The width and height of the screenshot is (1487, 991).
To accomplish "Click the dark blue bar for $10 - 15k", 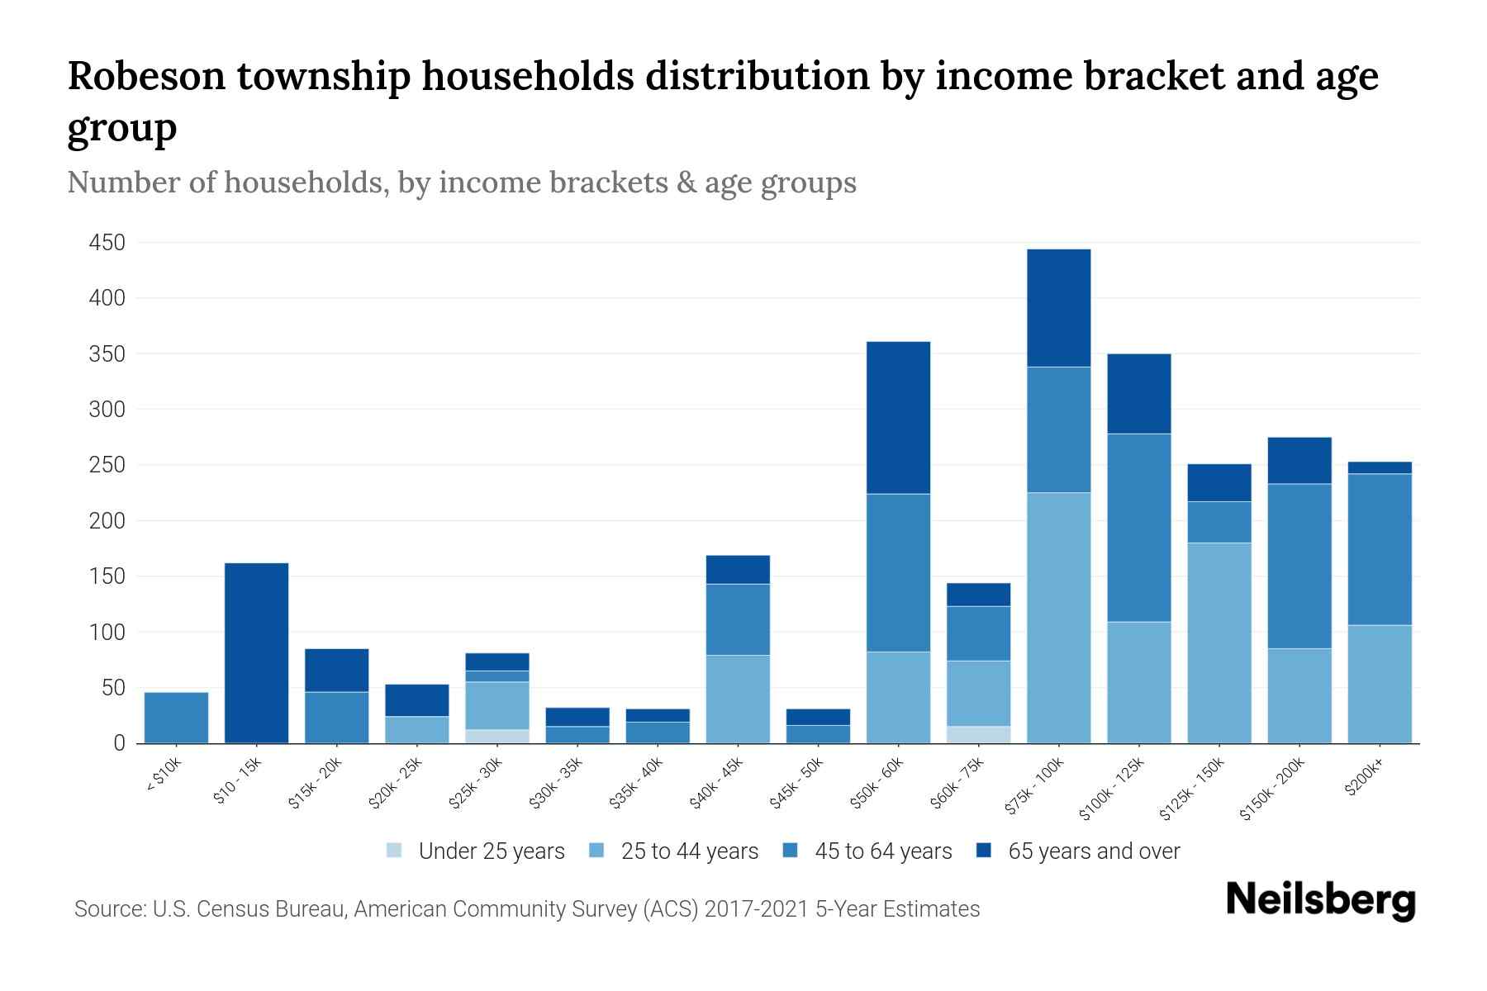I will pyautogui.click(x=257, y=652).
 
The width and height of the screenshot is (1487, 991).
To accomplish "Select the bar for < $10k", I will pyautogui.click(x=176, y=717).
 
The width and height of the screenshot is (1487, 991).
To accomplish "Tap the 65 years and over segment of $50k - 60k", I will pyautogui.click(x=898, y=417).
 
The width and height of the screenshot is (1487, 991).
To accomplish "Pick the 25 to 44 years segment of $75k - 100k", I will pyautogui.click(x=1058, y=618).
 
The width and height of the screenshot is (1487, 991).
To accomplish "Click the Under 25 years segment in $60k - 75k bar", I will pyautogui.click(x=978, y=734).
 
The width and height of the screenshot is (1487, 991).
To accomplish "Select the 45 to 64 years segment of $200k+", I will pyautogui.click(x=1379, y=549).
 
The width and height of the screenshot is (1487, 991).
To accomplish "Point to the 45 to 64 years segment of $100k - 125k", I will pyautogui.click(x=1138, y=528).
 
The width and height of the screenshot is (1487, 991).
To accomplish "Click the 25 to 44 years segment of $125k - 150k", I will pyautogui.click(x=1219, y=642).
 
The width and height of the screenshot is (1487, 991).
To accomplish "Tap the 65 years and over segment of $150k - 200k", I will pyautogui.click(x=1299, y=460).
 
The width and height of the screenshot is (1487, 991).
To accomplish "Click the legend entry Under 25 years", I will pyautogui.click(x=491, y=851).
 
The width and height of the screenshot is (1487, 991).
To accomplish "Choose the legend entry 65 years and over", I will pyautogui.click(x=1093, y=851).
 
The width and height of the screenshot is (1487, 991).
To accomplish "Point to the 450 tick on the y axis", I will pyautogui.click(x=107, y=243).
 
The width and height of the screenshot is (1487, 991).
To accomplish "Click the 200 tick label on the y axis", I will pyautogui.click(x=107, y=521).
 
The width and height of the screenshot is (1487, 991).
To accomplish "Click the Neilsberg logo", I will pyautogui.click(x=1320, y=900).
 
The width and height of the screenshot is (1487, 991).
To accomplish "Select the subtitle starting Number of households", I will pyautogui.click(x=462, y=182).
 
